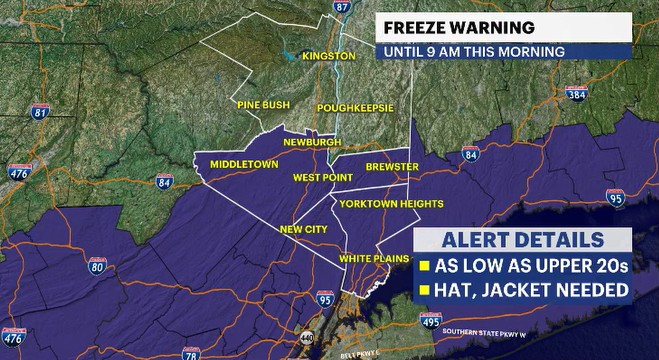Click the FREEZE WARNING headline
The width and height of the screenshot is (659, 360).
449,28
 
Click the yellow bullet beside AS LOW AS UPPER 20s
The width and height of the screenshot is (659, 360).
424,266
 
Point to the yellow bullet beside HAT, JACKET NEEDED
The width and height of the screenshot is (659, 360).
424,290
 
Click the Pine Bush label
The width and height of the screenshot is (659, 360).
262,104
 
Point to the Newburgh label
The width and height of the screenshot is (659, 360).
312,143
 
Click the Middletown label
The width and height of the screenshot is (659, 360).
243,163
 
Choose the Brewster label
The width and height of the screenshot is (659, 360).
384,166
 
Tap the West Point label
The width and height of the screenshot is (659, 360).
322,178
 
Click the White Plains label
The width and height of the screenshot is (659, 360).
371,258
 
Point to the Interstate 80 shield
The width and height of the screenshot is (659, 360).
97,266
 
